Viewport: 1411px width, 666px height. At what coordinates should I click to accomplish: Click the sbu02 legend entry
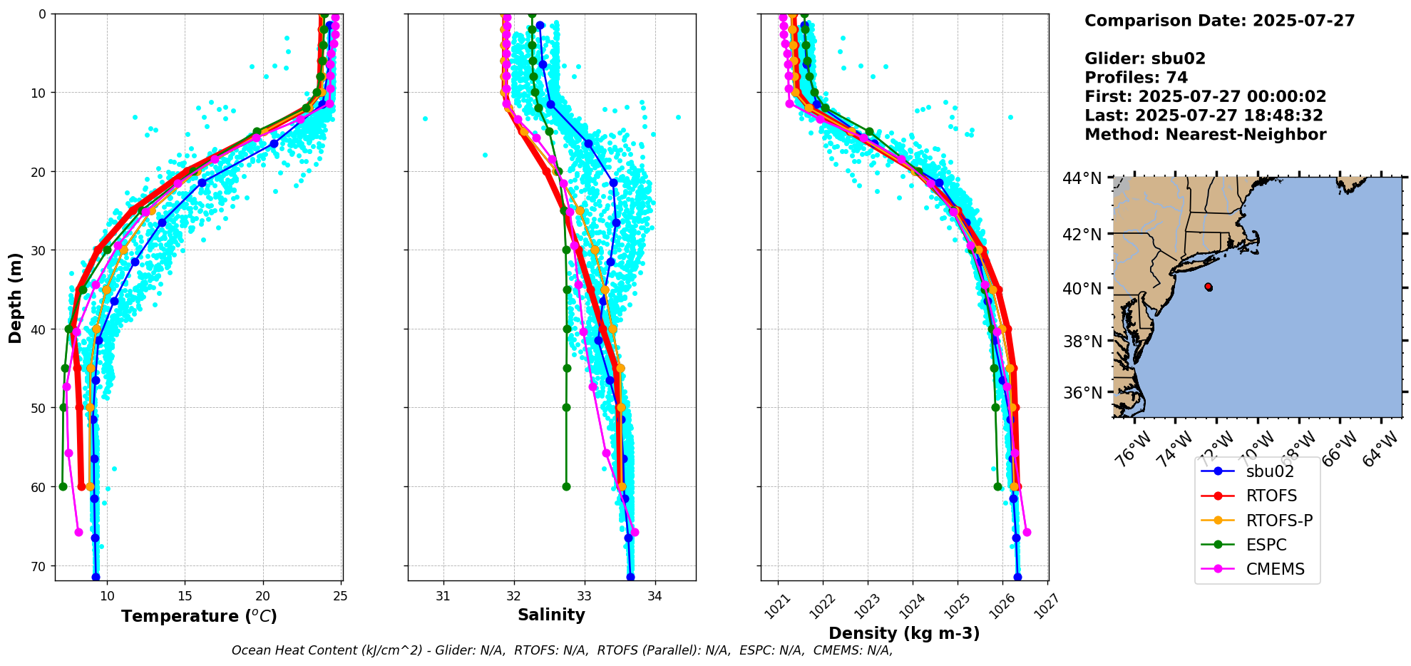(1269, 471)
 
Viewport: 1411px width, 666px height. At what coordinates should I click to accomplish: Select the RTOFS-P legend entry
(1279, 521)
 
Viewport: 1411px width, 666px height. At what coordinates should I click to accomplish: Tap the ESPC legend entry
(1266, 545)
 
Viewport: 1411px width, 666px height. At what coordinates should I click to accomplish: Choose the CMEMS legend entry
(1275, 569)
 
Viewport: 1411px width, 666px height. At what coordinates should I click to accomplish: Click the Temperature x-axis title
(199, 616)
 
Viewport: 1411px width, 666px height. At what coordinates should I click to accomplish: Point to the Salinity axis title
(551, 615)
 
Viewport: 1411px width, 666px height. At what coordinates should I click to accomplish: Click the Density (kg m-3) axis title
(904, 633)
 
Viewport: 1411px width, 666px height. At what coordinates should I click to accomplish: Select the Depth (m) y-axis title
(15, 297)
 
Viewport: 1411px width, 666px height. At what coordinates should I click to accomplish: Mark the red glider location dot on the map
(1209, 287)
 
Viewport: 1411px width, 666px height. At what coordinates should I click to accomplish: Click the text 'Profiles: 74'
(1136, 78)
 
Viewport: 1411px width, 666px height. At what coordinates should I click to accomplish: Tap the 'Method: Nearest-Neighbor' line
(1205, 135)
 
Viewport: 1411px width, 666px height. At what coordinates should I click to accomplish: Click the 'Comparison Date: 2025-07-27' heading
(1219, 21)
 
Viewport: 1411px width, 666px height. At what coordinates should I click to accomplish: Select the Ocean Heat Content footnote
(562, 650)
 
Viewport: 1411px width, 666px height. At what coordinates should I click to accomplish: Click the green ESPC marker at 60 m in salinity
(566, 486)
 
